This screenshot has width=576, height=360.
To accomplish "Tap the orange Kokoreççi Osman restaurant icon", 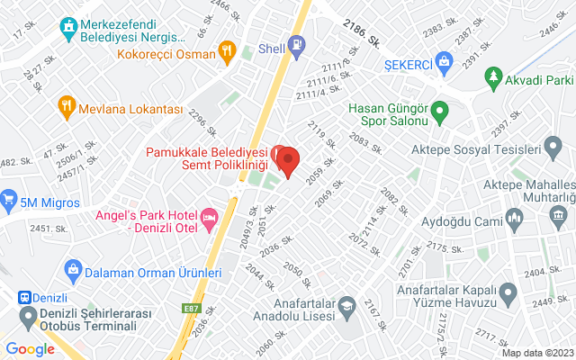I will pyautogui.click(x=227, y=51).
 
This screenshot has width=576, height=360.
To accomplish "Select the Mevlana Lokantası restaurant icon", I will pyautogui.click(x=66, y=107).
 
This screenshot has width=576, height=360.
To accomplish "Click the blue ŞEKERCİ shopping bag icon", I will pyautogui.click(x=443, y=60).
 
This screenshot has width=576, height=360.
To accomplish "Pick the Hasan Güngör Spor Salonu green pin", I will pyautogui.click(x=440, y=113).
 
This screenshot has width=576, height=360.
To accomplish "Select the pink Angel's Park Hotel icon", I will pyautogui.click(x=210, y=217).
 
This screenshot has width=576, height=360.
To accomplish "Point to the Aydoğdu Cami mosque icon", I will pyautogui.click(x=515, y=217).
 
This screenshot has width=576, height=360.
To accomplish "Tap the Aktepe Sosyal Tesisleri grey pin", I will pyautogui.click(x=557, y=149).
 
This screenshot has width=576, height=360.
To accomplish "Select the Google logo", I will pyautogui.click(x=30, y=349).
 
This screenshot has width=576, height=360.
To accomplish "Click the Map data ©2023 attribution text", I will pyautogui.click(x=536, y=353).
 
